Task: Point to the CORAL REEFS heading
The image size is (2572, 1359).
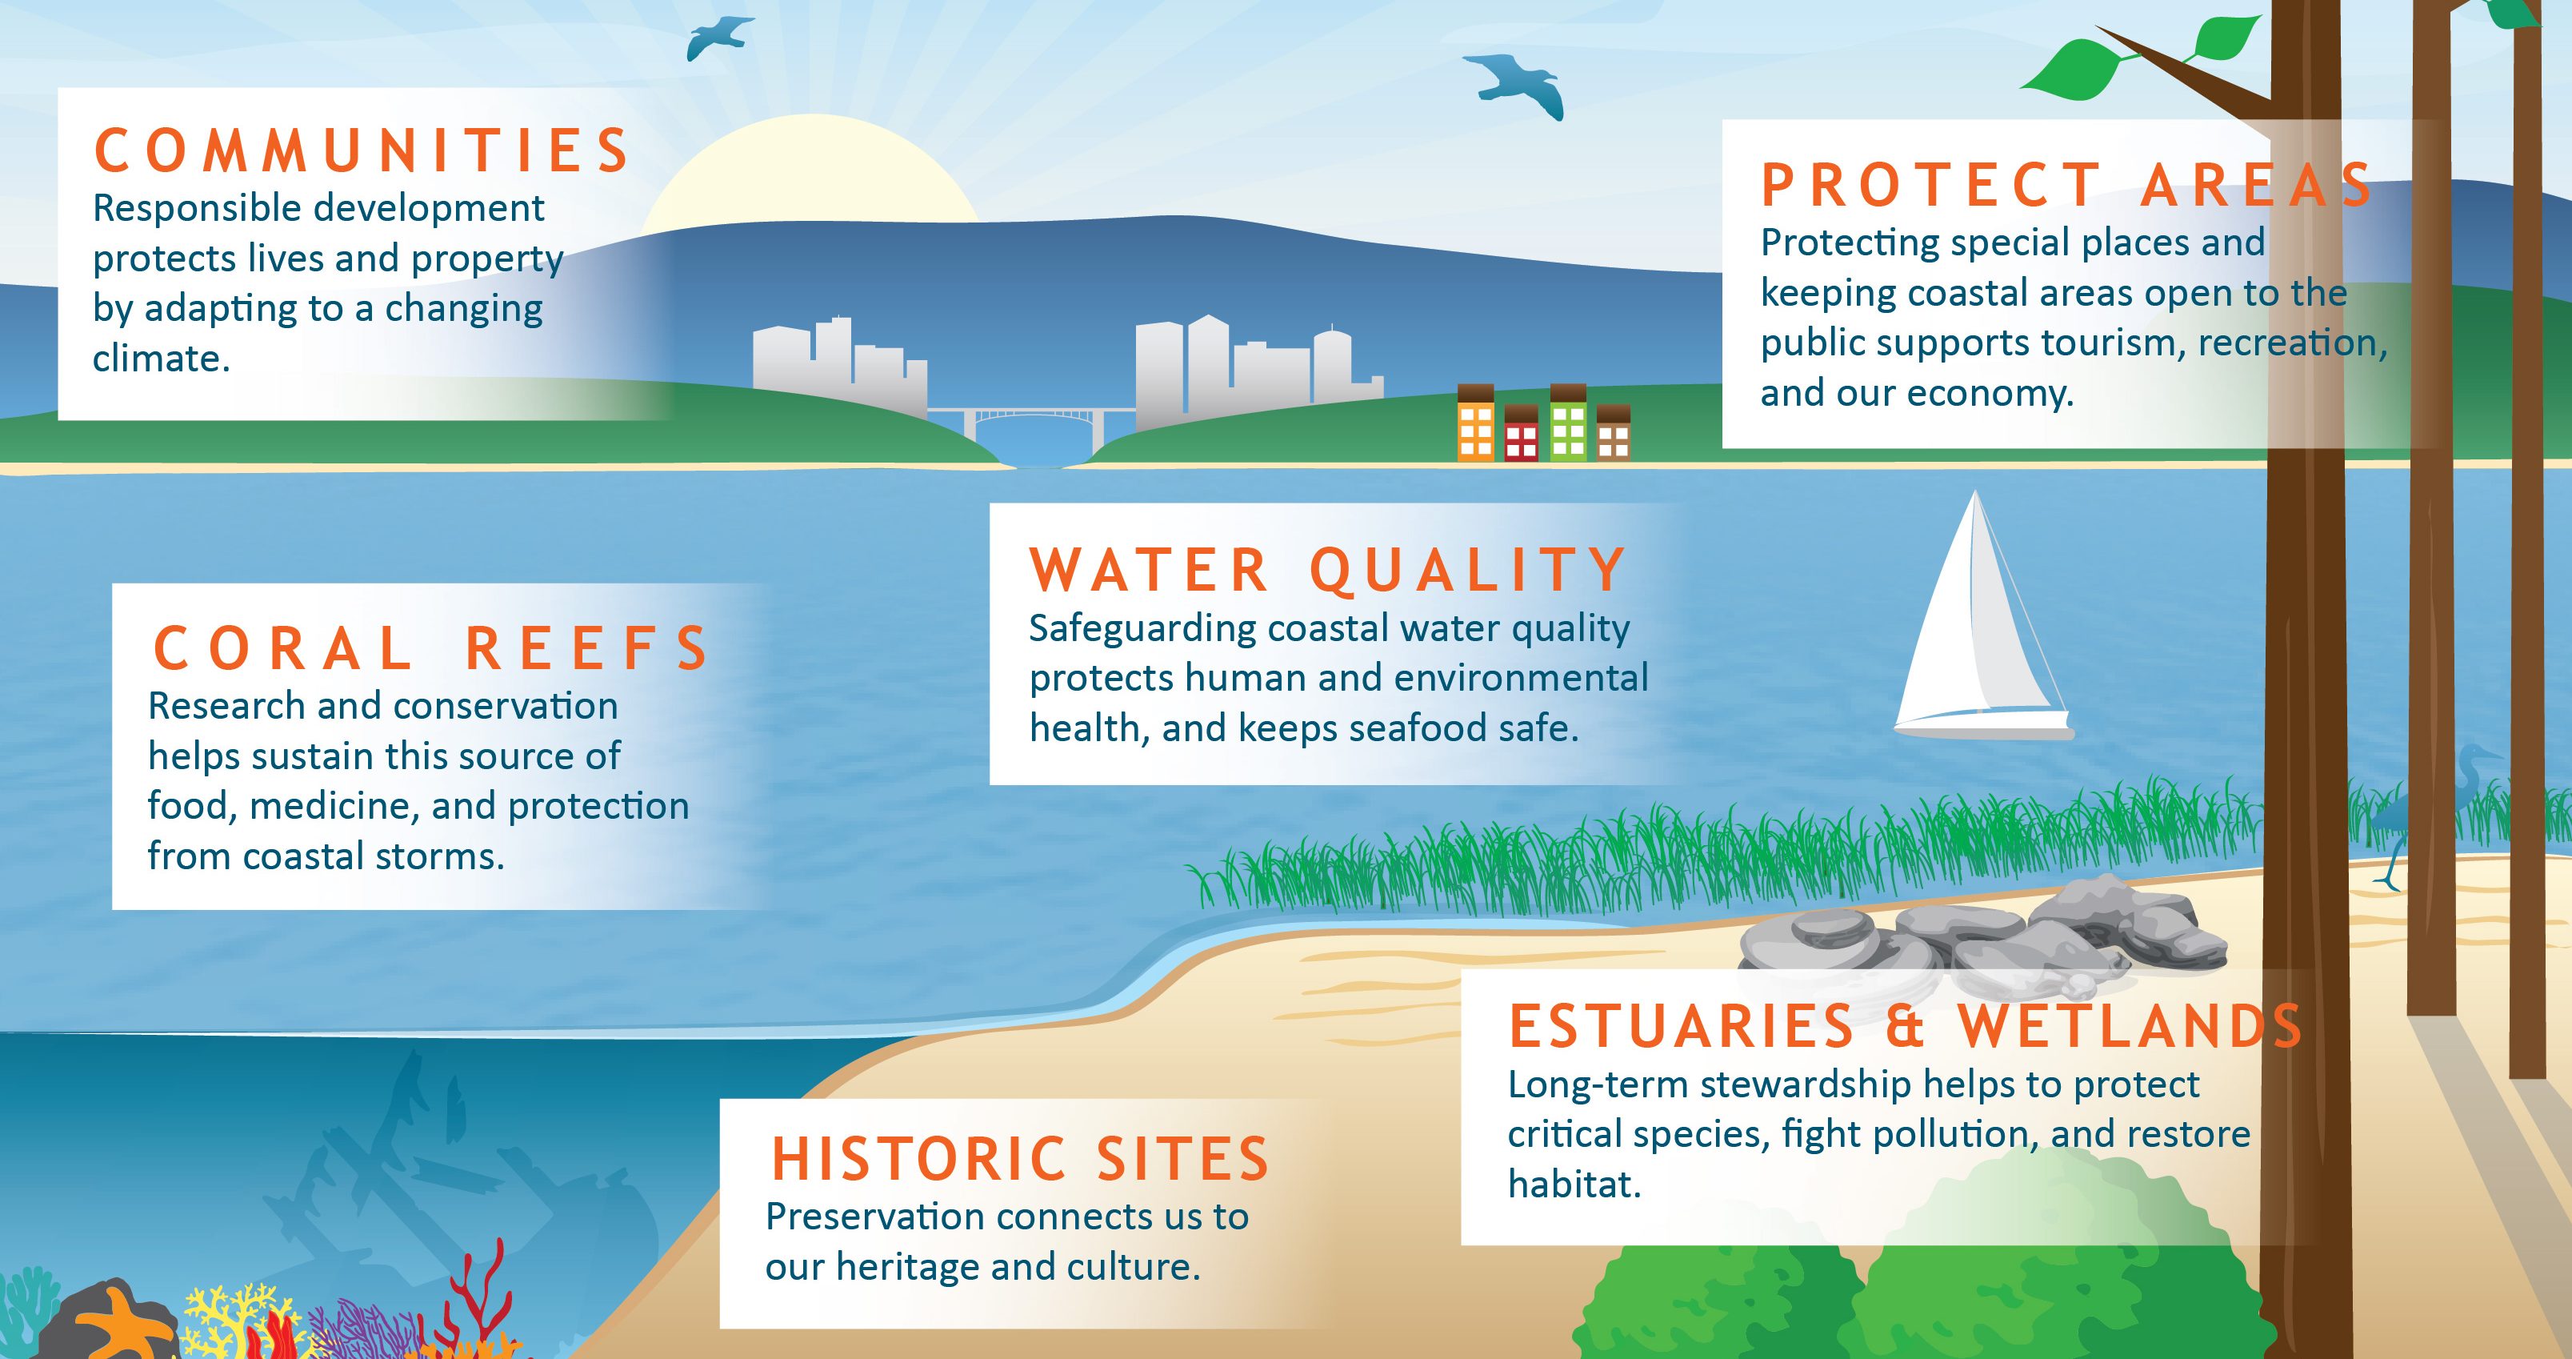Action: click(x=431, y=649)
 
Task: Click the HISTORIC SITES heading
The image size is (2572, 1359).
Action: click(x=1019, y=1159)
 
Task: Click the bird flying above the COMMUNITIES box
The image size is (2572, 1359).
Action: click(x=717, y=37)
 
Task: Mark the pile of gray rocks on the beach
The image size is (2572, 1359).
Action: click(x=1982, y=939)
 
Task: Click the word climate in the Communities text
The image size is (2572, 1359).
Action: click(x=161, y=359)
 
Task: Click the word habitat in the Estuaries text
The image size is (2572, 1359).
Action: click(x=1574, y=1185)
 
